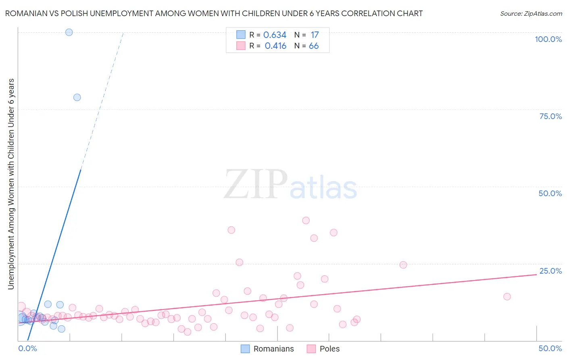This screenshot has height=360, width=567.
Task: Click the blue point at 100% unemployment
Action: pos(69,32)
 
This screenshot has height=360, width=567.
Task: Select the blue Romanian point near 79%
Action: pos(77,97)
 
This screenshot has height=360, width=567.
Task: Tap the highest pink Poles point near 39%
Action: pos(306,220)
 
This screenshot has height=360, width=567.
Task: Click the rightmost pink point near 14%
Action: pos(507,297)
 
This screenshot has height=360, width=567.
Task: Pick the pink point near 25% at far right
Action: pos(403,265)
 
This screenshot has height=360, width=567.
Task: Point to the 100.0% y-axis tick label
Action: pos(548,39)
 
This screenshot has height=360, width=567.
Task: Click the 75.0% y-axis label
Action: pos(550,116)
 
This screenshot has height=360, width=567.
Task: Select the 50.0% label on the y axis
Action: pos(550,193)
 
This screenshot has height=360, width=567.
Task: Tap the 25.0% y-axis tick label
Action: pos(550,271)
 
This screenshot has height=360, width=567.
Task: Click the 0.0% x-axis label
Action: pos(27,348)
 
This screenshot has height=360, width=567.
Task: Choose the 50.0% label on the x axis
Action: pos(550,348)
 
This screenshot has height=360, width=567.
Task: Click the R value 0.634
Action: pos(275,35)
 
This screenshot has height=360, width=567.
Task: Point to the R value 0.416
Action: pos(275,46)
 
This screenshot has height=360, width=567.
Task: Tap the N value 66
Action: pos(314,46)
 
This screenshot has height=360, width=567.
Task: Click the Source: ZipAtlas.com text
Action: pos(531,13)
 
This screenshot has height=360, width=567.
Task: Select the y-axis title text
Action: pos(11,184)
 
